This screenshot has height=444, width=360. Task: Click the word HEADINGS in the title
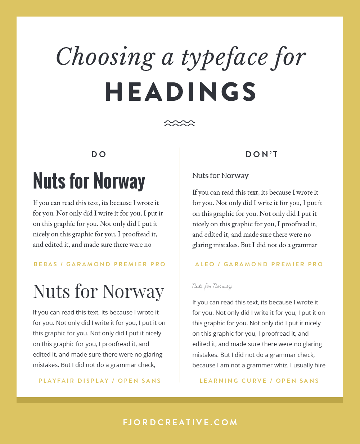[181, 92]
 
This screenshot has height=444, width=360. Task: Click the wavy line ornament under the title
[179, 123]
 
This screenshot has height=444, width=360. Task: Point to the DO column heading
[99, 154]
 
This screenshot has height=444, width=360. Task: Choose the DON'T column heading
[262, 154]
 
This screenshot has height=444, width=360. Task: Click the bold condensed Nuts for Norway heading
[89, 181]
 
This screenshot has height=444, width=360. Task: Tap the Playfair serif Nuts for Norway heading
[98, 291]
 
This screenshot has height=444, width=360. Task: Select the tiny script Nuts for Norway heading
[212, 286]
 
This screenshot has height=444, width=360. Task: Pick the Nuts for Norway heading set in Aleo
[220, 176]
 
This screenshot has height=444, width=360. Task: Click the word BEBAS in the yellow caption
[45, 264]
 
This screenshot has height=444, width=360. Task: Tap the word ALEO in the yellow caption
[205, 264]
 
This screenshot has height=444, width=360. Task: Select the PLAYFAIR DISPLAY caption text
[73, 381]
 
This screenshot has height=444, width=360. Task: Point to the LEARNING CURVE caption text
[233, 381]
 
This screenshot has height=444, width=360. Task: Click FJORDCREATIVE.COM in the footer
[180, 422]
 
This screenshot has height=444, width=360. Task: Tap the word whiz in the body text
[282, 365]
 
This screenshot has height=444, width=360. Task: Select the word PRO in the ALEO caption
[315, 264]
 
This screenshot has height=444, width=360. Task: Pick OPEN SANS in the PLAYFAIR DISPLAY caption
[139, 381]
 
